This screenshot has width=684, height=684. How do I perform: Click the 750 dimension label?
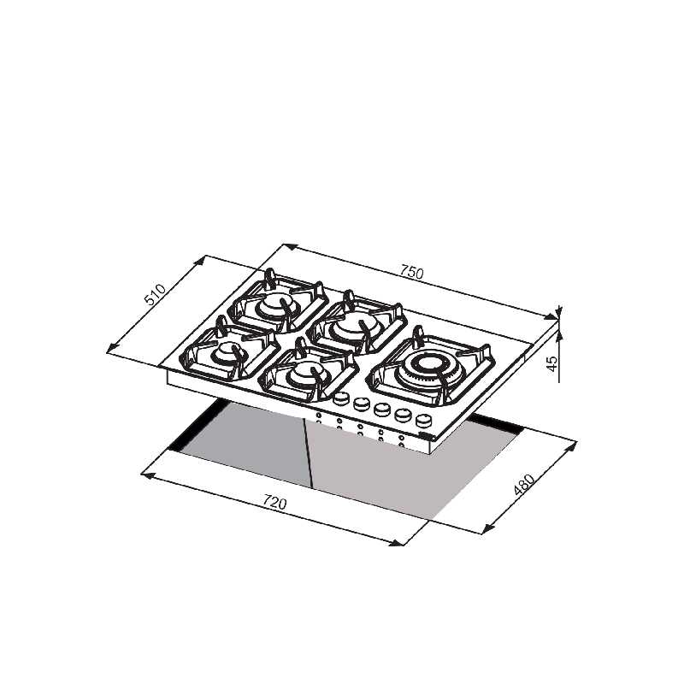coord(411,272)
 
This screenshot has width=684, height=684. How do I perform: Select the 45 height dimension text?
coord(552,363)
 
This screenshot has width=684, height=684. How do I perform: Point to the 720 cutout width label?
coord(274,502)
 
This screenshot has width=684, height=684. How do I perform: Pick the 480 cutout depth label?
coord(523,485)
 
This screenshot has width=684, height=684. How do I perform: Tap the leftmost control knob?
coord(341,398)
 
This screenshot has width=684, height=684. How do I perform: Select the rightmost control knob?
coord(422,421)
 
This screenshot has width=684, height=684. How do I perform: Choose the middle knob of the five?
coord(381,410)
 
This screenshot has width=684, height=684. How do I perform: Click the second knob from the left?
coord(361,404)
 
